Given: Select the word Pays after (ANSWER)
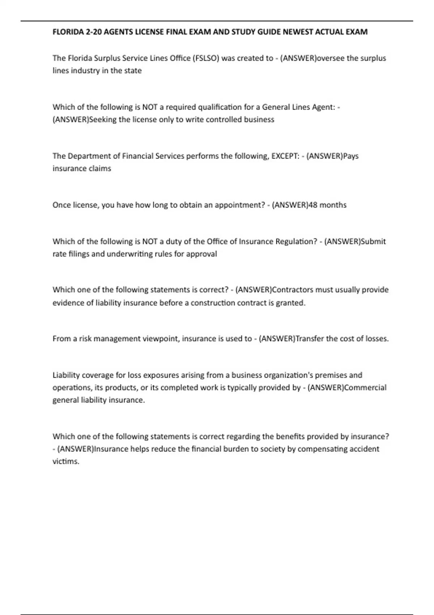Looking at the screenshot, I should pos(350,156).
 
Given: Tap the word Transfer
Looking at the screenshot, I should pos(310,339).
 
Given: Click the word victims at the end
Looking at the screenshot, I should pos(65,461).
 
